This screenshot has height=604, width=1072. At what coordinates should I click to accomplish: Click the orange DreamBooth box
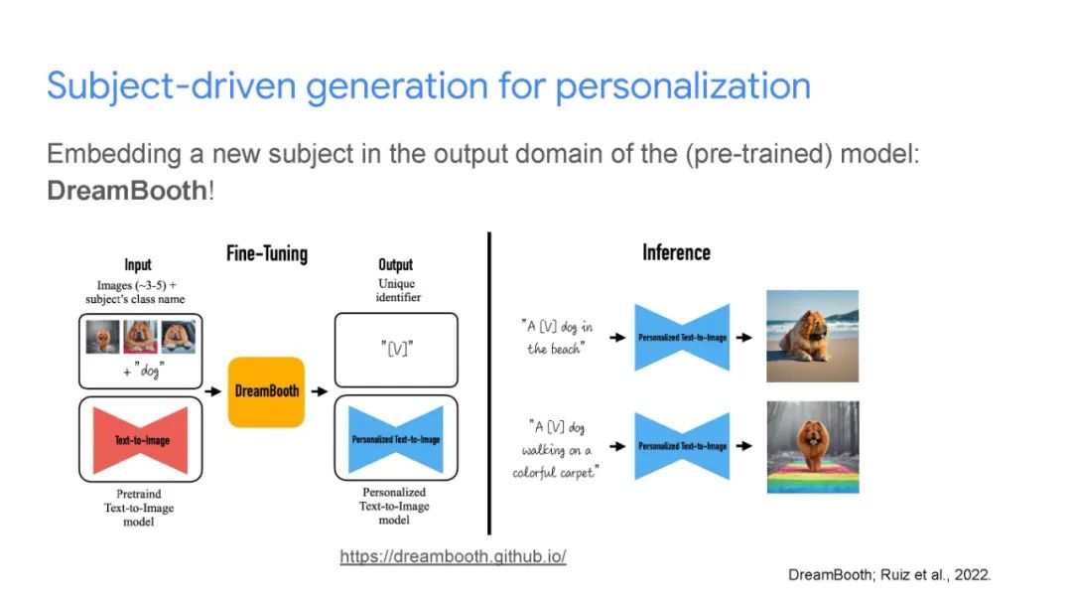pyautogui.click(x=266, y=392)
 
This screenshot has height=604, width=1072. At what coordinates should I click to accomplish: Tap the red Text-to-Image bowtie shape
pyautogui.click(x=140, y=440)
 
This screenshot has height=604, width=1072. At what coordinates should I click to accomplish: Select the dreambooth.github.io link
pyautogui.click(x=453, y=556)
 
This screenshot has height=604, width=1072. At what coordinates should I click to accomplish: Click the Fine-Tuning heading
pyautogui.click(x=267, y=253)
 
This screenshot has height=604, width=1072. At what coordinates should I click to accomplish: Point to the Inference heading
pyautogui.click(x=676, y=252)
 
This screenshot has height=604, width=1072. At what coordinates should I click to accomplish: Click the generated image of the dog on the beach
pyautogui.click(x=812, y=336)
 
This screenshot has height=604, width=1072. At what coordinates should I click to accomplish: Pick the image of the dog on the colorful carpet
pyautogui.click(x=813, y=447)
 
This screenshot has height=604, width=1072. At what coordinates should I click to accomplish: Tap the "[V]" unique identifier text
pyautogui.click(x=396, y=350)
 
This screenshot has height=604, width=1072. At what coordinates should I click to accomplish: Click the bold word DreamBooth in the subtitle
pyautogui.click(x=126, y=190)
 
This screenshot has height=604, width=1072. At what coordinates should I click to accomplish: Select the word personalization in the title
pyautogui.click(x=682, y=86)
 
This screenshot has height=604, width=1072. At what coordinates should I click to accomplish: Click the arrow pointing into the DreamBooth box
pyautogui.click(x=213, y=391)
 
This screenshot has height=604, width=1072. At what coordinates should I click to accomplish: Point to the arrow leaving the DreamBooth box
pyautogui.click(x=320, y=391)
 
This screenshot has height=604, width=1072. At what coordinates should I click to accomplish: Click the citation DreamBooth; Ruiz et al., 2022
pyautogui.click(x=888, y=574)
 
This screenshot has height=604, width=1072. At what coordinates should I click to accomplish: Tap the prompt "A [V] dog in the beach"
pyautogui.click(x=556, y=338)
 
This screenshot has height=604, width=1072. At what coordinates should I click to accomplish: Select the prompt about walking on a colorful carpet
pyautogui.click(x=555, y=449)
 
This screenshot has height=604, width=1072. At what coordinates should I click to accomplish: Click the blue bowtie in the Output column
pyautogui.click(x=396, y=439)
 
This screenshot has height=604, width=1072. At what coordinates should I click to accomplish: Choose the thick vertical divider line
pyautogui.click(x=488, y=383)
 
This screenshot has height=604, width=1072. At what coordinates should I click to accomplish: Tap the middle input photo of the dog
pyautogui.click(x=140, y=337)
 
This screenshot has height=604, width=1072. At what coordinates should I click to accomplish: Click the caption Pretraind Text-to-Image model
pyautogui.click(x=139, y=508)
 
